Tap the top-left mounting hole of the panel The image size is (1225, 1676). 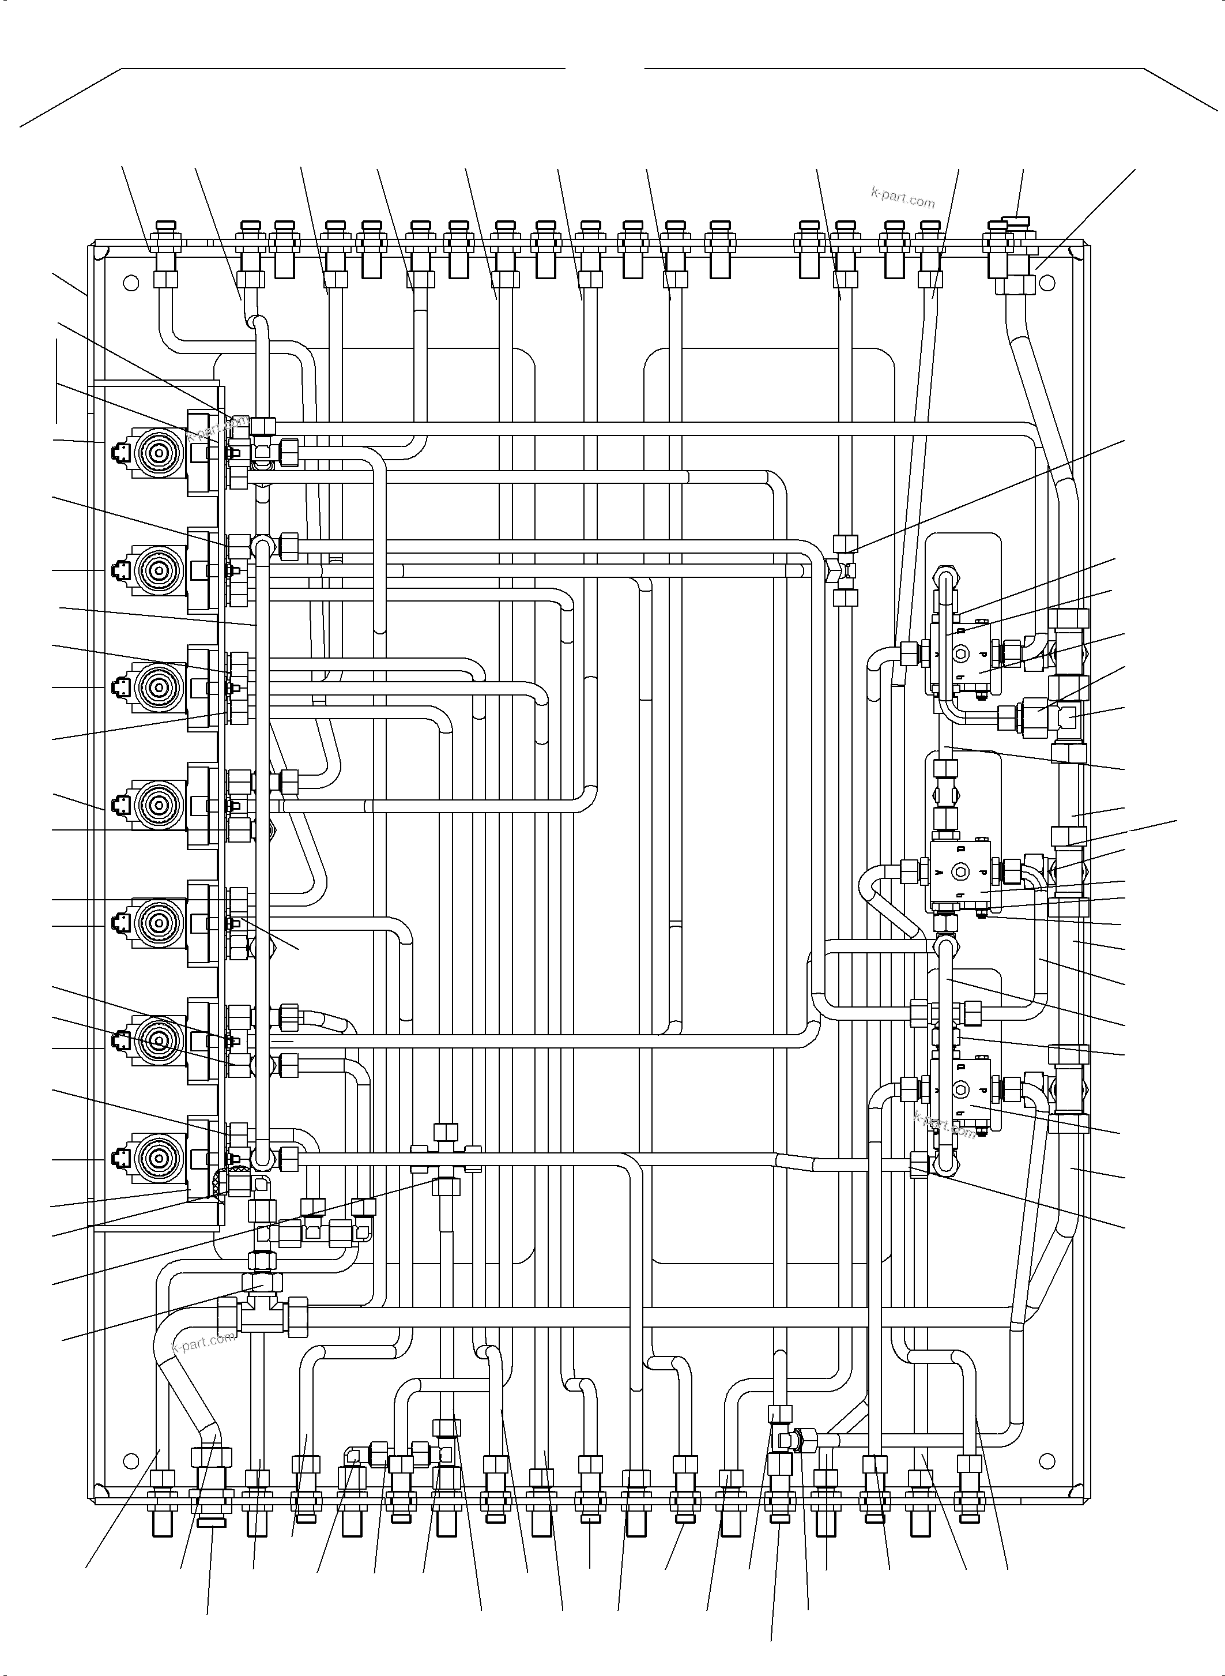pos(130,283)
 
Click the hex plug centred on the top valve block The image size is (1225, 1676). pos(962,653)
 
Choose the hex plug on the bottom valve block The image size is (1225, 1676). pos(962,1091)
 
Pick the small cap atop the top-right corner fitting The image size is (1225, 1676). pos(1013,220)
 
